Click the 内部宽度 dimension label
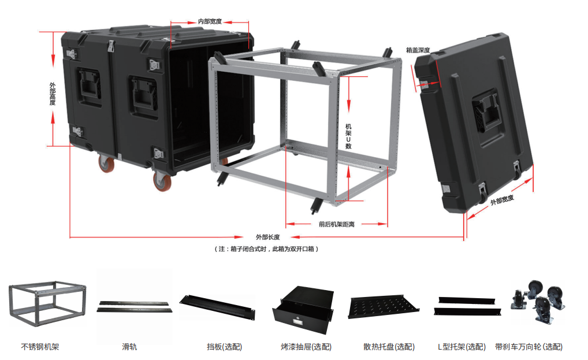tap(210, 21)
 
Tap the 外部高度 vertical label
tap(53, 94)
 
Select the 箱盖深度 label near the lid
tap(418, 50)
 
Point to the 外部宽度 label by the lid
tap(502, 200)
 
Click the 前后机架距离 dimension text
tap(336, 224)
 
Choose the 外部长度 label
tap(268, 237)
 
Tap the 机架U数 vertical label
tap(348, 136)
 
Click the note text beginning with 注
tap(266, 248)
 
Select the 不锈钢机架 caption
tap(40, 347)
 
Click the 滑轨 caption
tap(129, 347)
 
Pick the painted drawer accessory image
tap(303, 309)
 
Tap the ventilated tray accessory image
tap(384, 307)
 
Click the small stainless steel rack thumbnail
tap(47, 304)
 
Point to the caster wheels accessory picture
tap(538, 301)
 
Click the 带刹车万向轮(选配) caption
tap(529, 347)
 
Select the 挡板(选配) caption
tap(224, 347)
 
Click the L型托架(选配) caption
tap(462, 347)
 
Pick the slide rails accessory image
tap(135, 306)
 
